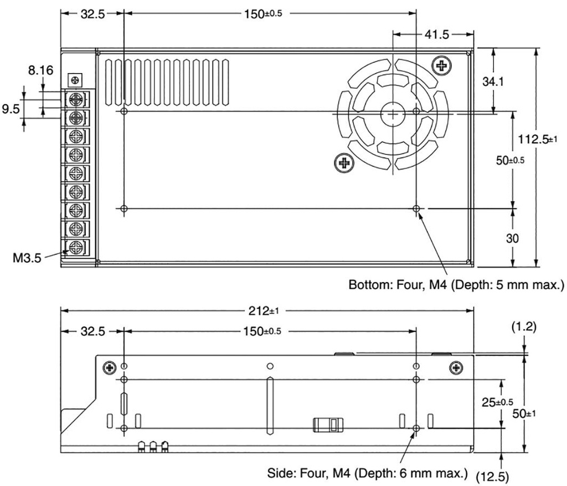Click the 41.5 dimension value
tap(437, 35)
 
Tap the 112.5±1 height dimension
tap(537, 139)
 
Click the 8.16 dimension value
tap(41, 70)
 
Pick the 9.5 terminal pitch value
tap(11, 109)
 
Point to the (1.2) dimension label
tap(524, 327)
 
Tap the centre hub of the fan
tap(392, 112)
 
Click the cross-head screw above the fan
tap(441, 66)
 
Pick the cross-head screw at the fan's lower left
tap(344, 162)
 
